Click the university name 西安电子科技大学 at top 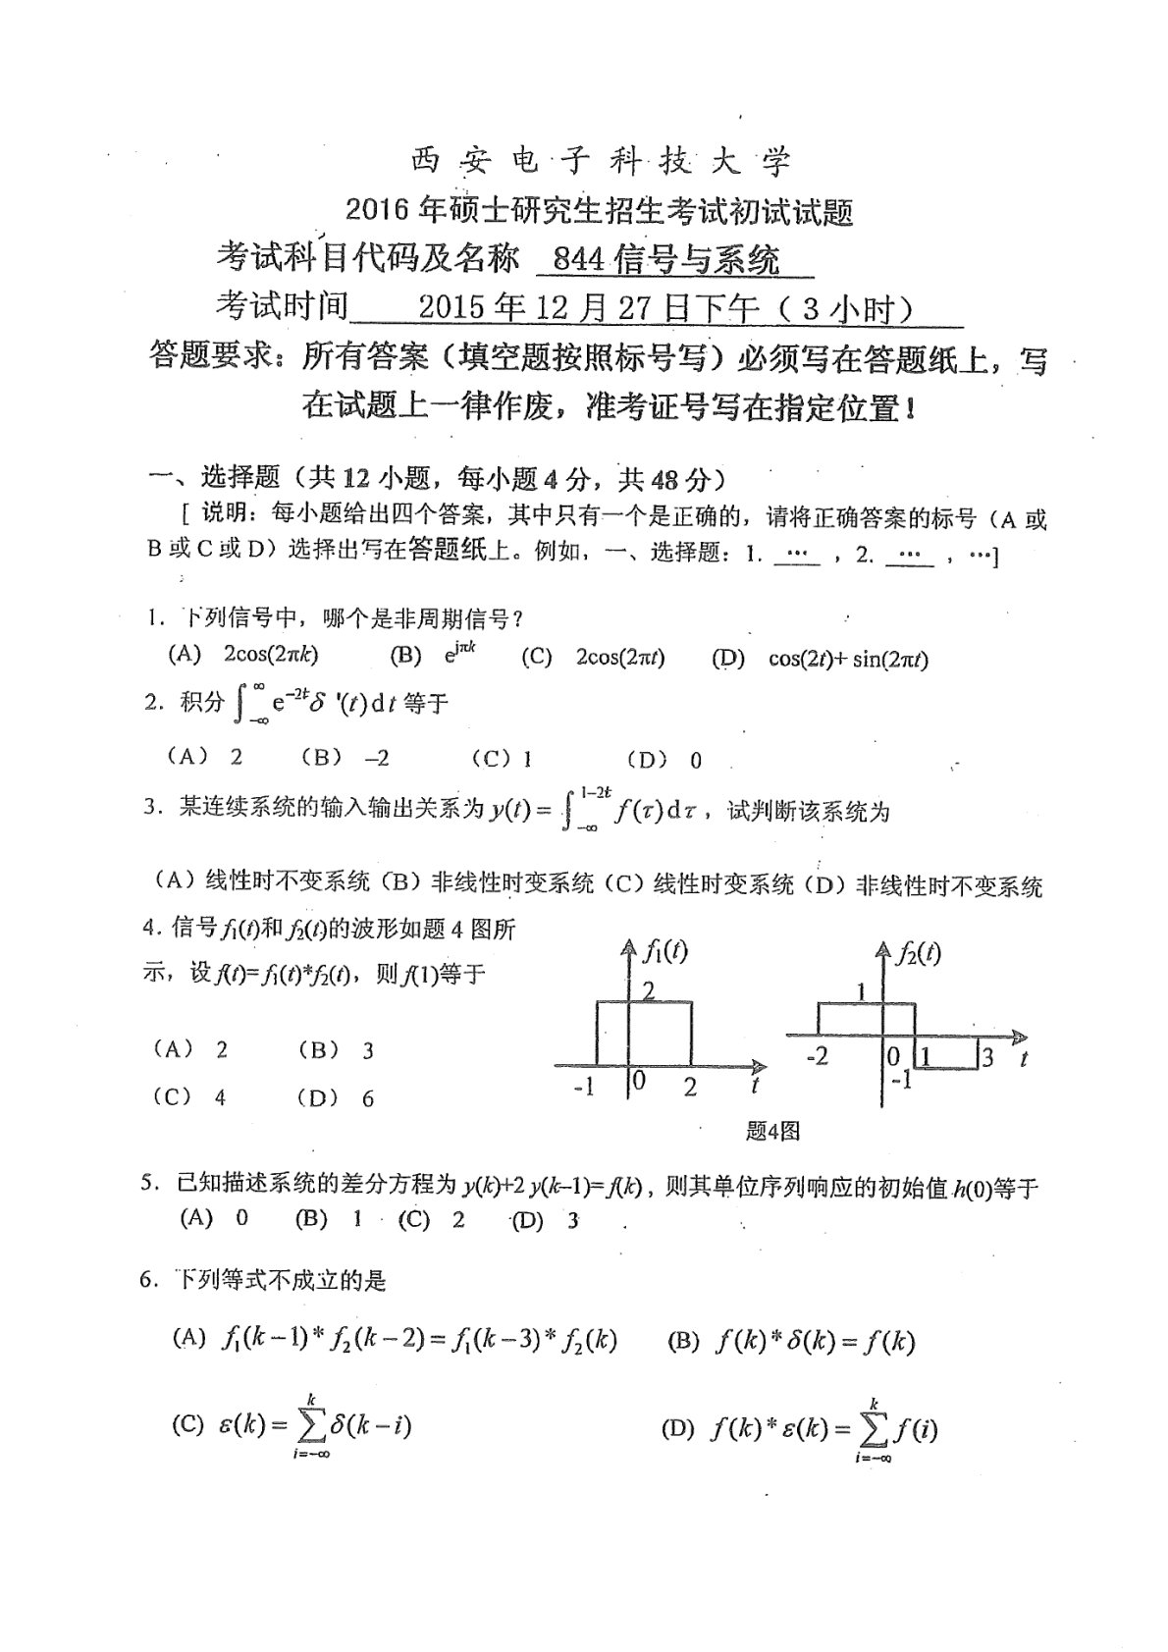coord(598,160)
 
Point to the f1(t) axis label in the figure coord(665,950)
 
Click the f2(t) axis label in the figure coord(919,953)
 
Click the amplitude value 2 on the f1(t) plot coord(648,990)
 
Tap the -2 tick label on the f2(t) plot coord(816,1057)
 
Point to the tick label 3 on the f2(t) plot coord(987,1057)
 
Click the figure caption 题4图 coord(772,1131)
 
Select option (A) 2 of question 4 coord(190,1050)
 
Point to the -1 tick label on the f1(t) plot coord(584,1088)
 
